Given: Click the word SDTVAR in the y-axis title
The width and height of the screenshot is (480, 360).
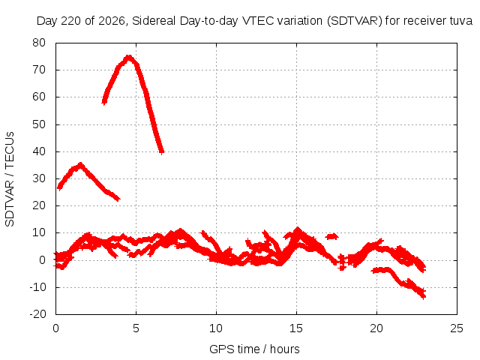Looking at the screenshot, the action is point(10,203).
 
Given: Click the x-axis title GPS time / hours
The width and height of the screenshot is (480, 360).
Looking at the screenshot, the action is point(254,349).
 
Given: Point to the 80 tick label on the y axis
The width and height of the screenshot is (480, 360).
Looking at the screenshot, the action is point(39,43).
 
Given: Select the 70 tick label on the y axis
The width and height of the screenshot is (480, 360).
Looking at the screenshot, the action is point(39,70).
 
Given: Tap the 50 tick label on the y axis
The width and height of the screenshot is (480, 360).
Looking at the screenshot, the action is point(39,124).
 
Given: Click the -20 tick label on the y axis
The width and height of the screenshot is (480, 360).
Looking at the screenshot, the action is point(37,314).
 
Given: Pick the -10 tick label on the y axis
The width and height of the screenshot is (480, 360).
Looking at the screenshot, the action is point(37,287).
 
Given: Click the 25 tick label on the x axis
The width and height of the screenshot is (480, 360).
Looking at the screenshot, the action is point(457,328).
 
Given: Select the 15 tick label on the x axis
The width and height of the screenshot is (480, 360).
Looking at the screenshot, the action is point(296,328).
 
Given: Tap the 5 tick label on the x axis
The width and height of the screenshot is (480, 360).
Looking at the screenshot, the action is point(136,328).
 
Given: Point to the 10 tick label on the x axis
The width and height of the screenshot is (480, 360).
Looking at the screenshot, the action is point(216,328).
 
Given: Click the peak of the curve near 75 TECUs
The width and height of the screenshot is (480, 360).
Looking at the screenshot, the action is point(129,57).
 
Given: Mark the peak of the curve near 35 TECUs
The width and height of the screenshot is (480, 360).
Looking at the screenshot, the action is point(80,165).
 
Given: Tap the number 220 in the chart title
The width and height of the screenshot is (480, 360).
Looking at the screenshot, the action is point(70,21).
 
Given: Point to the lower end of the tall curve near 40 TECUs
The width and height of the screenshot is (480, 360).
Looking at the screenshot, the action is point(162,151).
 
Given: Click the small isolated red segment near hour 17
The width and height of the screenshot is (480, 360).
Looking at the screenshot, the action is point(331,236).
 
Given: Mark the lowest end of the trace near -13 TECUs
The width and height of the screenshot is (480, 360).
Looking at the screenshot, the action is point(423,296).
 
